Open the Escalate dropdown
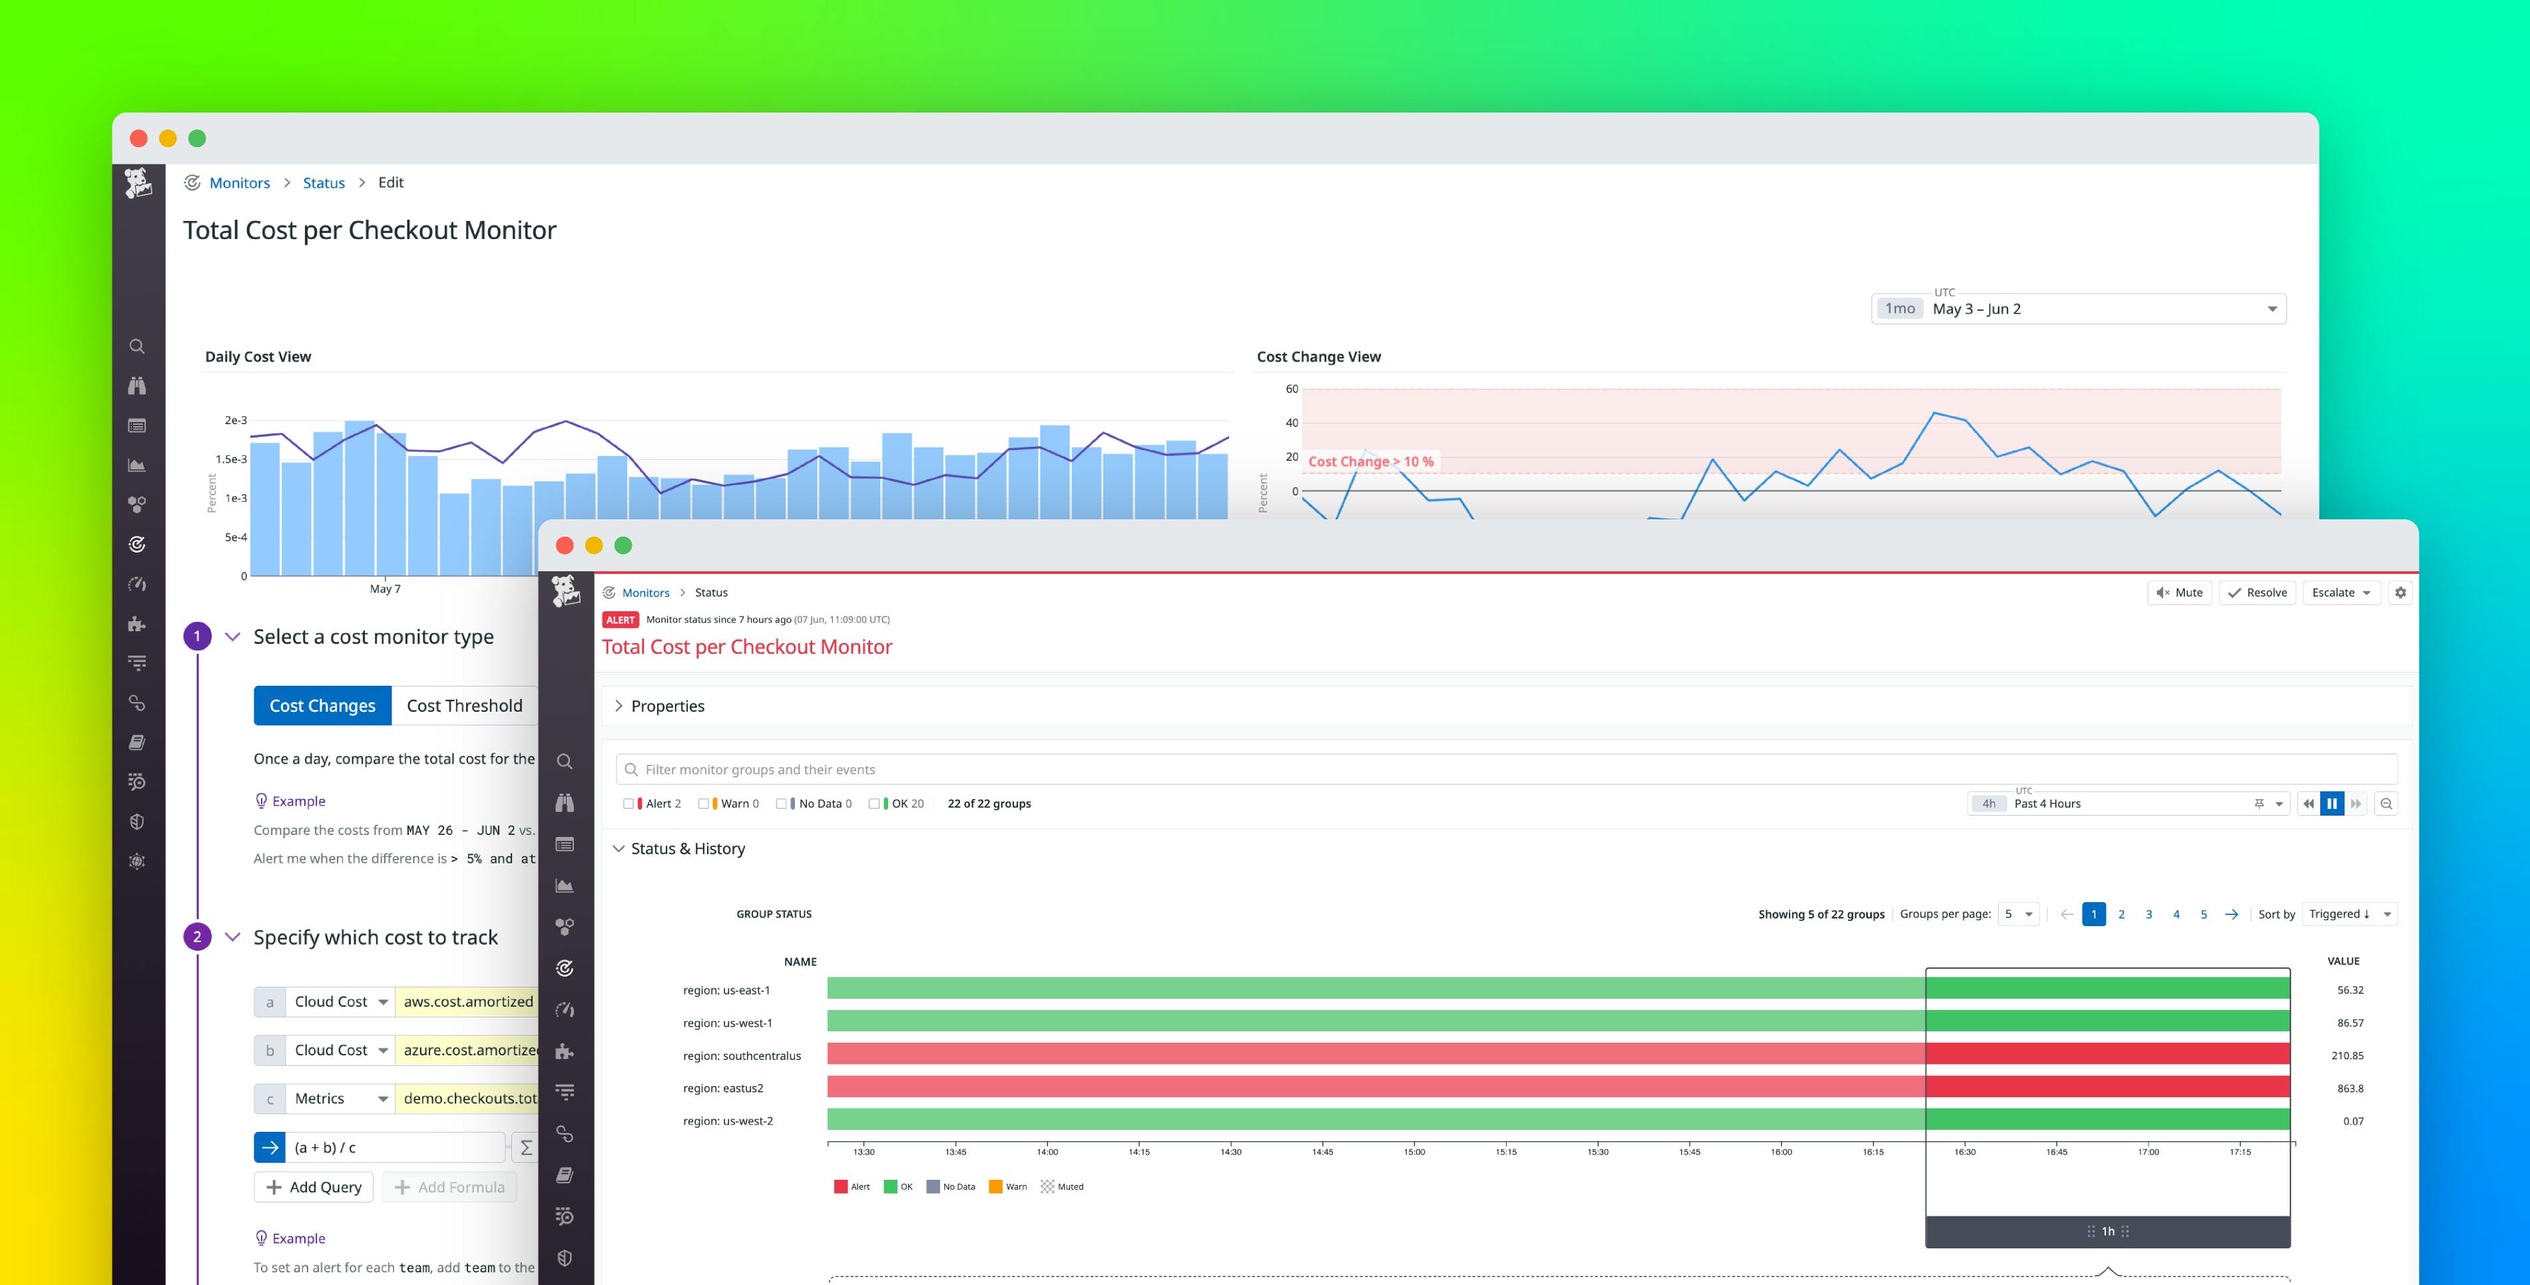tap(2340, 593)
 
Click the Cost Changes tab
tap(322, 705)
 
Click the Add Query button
tap(314, 1186)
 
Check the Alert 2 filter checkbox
tap(629, 804)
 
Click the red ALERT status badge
tap(620, 620)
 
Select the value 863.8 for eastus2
tap(2350, 1089)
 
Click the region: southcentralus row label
tap(742, 1056)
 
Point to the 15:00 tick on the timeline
tap(1413, 1151)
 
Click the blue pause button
tap(2332, 804)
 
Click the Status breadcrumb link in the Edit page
tap(323, 182)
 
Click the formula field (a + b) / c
tap(393, 1147)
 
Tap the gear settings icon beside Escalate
tap(2400, 593)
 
